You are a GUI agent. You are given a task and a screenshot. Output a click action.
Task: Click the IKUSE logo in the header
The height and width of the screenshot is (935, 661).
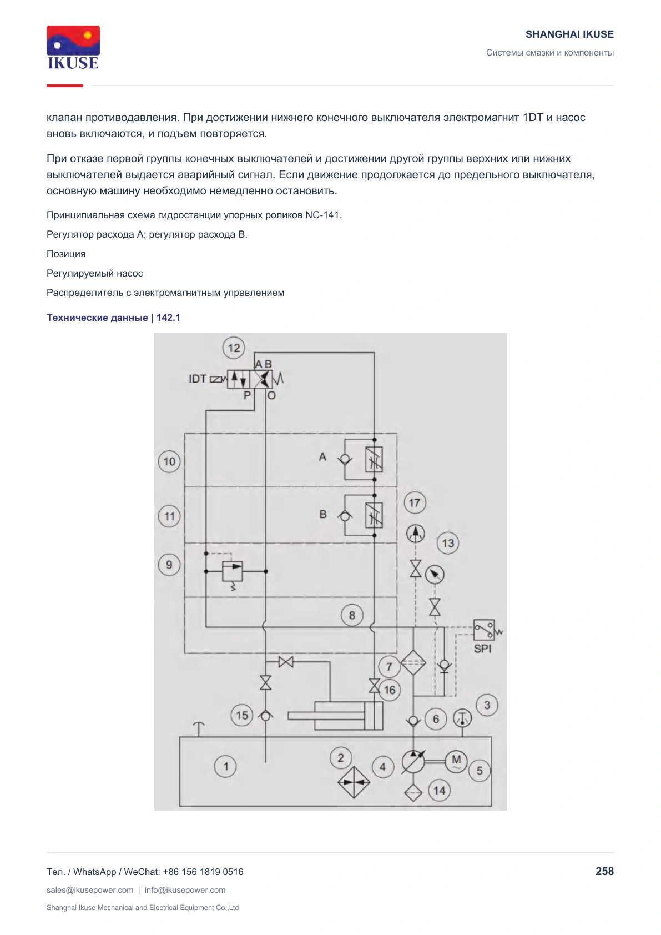[x=73, y=48]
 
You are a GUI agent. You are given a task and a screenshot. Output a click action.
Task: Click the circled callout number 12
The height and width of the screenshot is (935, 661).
[x=234, y=348]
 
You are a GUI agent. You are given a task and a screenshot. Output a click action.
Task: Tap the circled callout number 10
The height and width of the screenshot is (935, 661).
[x=169, y=461]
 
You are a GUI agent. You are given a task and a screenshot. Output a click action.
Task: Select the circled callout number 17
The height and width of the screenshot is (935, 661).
[x=415, y=502]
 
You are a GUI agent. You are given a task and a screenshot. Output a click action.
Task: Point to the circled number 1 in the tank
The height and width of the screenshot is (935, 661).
[x=225, y=766]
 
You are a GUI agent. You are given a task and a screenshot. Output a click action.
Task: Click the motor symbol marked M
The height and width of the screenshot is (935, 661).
[x=456, y=761]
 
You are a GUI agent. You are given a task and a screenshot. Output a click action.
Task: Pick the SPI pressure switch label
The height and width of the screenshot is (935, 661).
[x=482, y=649]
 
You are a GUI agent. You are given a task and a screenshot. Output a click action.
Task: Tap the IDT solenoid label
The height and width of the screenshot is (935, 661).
[x=198, y=379]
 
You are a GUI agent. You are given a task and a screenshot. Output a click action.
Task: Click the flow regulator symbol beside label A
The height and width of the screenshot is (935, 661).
[x=374, y=460]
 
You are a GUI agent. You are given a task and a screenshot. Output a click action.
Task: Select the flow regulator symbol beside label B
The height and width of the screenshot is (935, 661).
[x=374, y=515]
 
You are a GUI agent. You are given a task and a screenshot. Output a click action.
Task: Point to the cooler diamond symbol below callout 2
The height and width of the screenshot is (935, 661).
[x=354, y=782]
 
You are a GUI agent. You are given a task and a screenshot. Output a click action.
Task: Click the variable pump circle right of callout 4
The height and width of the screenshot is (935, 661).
[x=413, y=762]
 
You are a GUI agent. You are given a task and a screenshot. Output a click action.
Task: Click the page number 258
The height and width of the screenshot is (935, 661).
[x=604, y=871]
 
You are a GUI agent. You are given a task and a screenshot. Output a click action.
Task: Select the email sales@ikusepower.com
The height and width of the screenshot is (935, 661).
[x=90, y=890]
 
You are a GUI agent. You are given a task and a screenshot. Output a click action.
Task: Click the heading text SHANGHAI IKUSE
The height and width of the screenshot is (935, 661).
[x=569, y=34]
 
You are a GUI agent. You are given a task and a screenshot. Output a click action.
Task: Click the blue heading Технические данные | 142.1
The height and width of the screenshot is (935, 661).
[x=113, y=318]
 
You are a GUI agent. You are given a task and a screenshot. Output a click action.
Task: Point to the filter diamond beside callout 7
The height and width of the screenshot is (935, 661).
[x=413, y=662]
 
